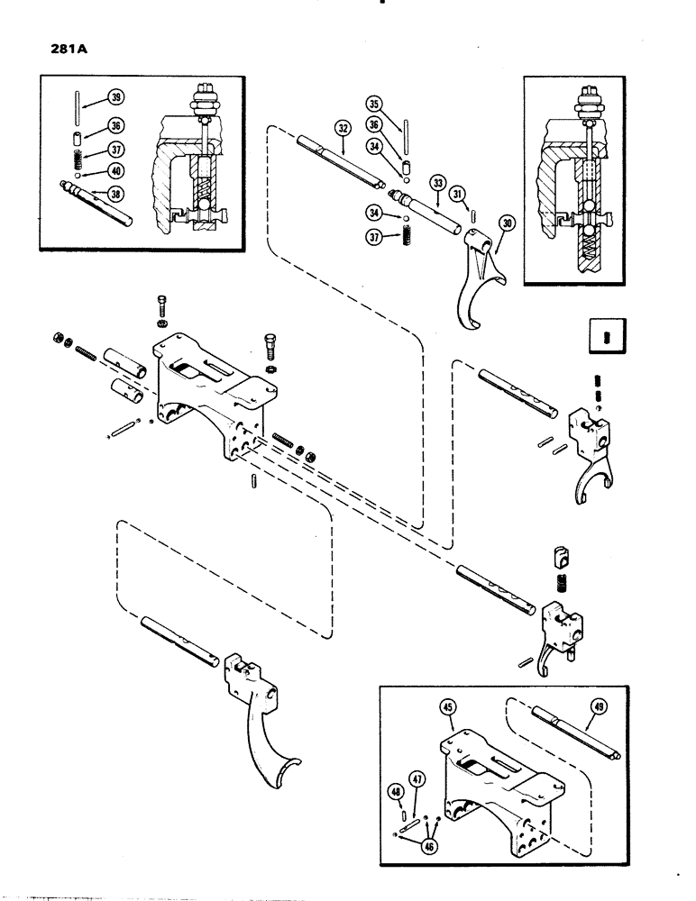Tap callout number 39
pyautogui.click(x=116, y=98)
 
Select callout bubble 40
pyautogui.click(x=116, y=171)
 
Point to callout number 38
pyautogui.click(x=116, y=192)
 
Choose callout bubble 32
pyautogui.click(x=343, y=130)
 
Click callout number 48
pyautogui.click(x=395, y=792)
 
